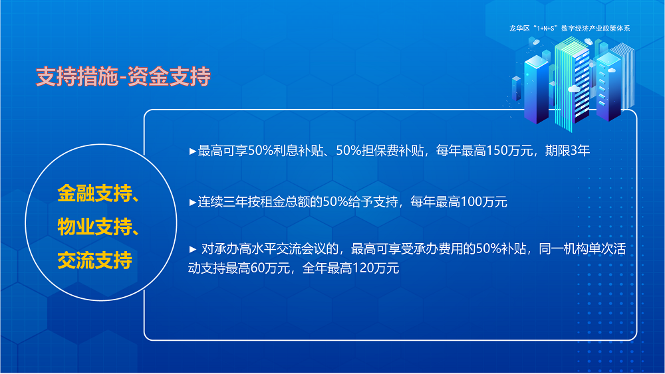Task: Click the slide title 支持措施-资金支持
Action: (x=123, y=77)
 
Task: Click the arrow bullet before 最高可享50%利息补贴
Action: (x=193, y=151)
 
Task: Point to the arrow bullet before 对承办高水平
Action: (x=193, y=250)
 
